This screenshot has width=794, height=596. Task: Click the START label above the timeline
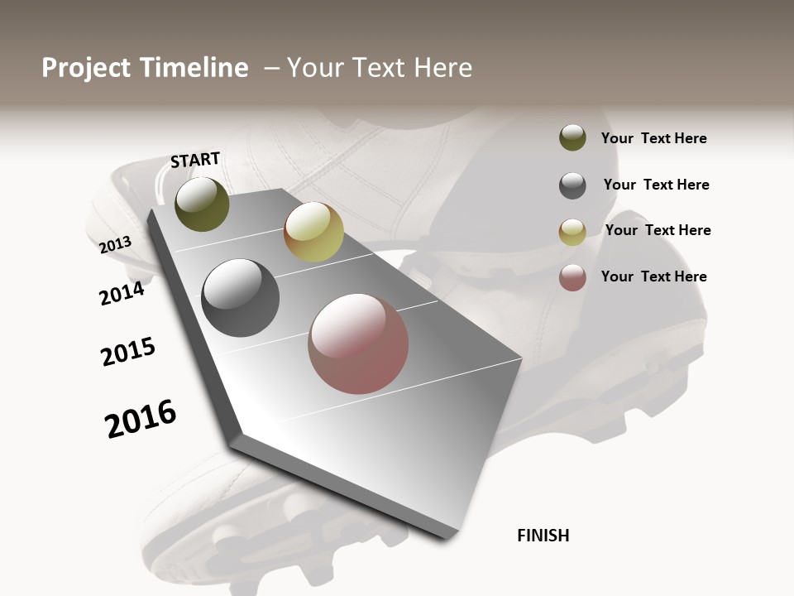pyautogui.click(x=195, y=160)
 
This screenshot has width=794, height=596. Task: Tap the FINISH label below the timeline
pyautogui.click(x=543, y=536)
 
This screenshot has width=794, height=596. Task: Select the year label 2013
pyautogui.click(x=115, y=244)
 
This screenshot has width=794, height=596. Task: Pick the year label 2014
pyautogui.click(x=122, y=293)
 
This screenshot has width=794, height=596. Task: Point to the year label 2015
pyautogui.click(x=128, y=353)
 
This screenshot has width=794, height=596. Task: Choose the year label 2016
pyautogui.click(x=141, y=419)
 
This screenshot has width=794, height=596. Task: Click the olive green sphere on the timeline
pyautogui.click(x=202, y=204)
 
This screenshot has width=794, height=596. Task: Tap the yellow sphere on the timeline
pyautogui.click(x=313, y=232)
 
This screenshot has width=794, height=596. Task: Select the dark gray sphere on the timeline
pyautogui.click(x=241, y=298)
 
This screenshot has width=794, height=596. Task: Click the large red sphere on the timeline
pyautogui.click(x=358, y=344)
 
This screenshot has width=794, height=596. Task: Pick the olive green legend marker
pyautogui.click(x=572, y=137)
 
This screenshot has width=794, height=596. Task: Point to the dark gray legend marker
pyautogui.click(x=572, y=185)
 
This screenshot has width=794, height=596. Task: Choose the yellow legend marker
pyautogui.click(x=572, y=232)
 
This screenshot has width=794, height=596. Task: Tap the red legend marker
pyautogui.click(x=572, y=277)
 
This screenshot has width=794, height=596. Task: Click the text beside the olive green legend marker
pyautogui.click(x=653, y=138)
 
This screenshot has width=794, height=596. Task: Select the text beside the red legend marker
pyautogui.click(x=653, y=276)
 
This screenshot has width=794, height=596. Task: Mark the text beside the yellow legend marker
pyautogui.click(x=658, y=230)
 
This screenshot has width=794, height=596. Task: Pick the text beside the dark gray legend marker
pyautogui.click(x=656, y=185)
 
